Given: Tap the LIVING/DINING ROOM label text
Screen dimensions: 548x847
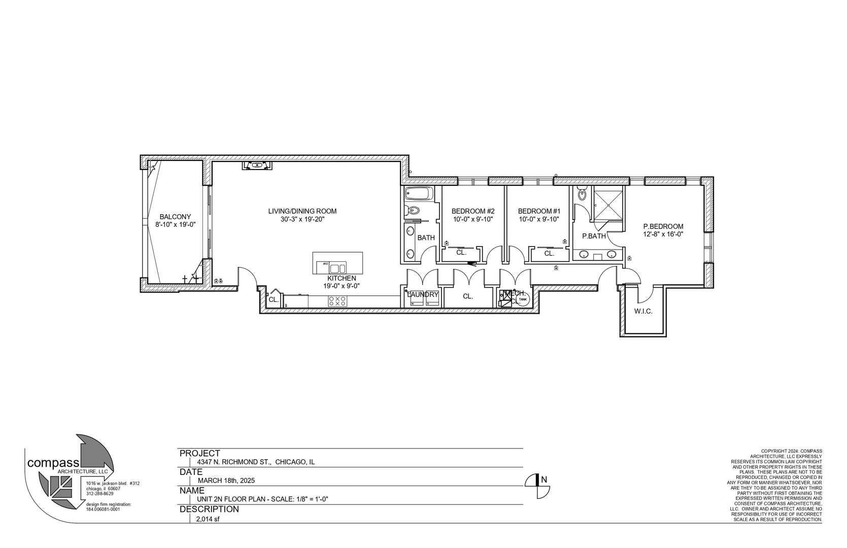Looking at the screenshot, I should pyautogui.click(x=302, y=211).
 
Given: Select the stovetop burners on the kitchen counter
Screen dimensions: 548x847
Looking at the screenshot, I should pyautogui.click(x=337, y=301).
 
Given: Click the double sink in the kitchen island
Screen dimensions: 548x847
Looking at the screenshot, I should pyautogui.click(x=337, y=268).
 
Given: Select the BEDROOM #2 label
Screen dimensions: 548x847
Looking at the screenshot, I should pyautogui.click(x=472, y=211).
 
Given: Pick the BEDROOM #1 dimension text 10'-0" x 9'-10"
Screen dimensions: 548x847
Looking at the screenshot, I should pyautogui.click(x=538, y=219).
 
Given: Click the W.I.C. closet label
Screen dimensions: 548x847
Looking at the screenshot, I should pyautogui.click(x=642, y=311).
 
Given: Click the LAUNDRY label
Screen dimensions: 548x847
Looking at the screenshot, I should pyautogui.click(x=423, y=294).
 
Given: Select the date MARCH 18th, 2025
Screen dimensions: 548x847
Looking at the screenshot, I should pyautogui.click(x=226, y=481).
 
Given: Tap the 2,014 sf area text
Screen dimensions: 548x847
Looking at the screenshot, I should pyautogui.click(x=208, y=519).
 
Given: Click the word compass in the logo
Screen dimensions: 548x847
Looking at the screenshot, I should pyautogui.click(x=53, y=463).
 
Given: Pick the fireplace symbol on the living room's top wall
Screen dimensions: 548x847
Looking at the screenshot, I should pyautogui.click(x=258, y=165).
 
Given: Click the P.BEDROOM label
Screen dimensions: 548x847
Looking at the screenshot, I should pyautogui.click(x=663, y=226).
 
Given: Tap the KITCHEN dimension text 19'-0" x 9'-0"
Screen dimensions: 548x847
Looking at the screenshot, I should pyautogui.click(x=342, y=286).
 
